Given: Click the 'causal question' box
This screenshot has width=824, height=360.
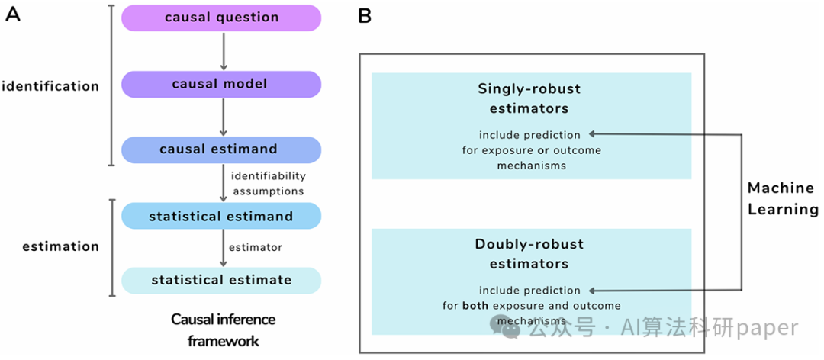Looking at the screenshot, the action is coord(221,18).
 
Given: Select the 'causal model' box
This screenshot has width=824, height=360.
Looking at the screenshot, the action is coord(221,84).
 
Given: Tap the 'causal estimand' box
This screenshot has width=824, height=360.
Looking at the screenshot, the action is coord(221,149).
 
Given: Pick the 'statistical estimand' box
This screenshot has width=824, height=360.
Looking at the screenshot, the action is coord(221,216).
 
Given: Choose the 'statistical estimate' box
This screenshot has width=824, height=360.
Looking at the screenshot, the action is coord(221,280).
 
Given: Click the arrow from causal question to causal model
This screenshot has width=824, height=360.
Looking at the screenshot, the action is coord(224,51).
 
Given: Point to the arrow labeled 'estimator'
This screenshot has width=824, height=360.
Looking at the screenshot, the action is coord(224,248).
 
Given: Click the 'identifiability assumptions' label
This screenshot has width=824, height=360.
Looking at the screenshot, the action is coord(269,183).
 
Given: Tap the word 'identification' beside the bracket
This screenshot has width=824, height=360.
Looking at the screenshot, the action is coord(50,86).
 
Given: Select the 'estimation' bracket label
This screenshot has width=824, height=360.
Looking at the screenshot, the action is coord(60,246).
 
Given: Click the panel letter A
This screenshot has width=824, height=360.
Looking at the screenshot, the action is coord(13,15).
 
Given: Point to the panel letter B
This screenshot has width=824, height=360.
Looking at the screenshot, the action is coord(364,16).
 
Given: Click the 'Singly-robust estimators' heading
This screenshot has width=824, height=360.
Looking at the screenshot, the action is coord(529,99).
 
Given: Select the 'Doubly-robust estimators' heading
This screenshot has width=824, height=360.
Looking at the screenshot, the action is coord(529,254).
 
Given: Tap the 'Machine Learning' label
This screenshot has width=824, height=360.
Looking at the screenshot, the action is coord(784,198).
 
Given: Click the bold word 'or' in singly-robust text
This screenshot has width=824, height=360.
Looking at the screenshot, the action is coord(542,151).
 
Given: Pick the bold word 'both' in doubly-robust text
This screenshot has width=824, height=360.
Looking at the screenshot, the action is coord(475,306).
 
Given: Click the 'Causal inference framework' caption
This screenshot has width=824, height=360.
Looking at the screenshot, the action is coord(224,330).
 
